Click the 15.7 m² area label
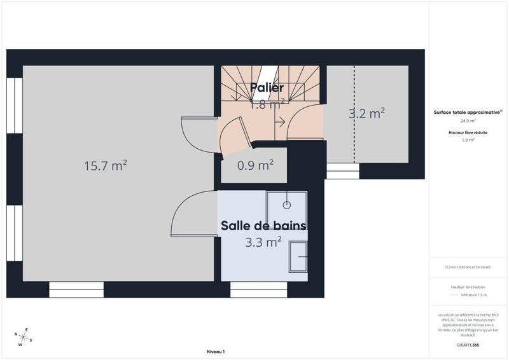(x=105, y=165)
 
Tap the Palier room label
(x=267, y=88)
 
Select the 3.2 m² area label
(x=367, y=114)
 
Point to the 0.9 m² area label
(x=255, y=165)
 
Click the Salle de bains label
(x=264, y=226)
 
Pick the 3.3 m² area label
(x=264, y=242)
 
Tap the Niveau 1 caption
(x=216, y=352)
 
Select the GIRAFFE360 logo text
(x=468, y=344)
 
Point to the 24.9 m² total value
(x=468, y=120)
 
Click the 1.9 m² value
(x=468, y=140)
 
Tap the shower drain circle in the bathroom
(x=287, y=205)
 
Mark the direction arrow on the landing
(x=279, y=121)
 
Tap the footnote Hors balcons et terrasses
(x=468, y=267)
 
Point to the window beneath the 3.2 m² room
(x=342, y=171)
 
